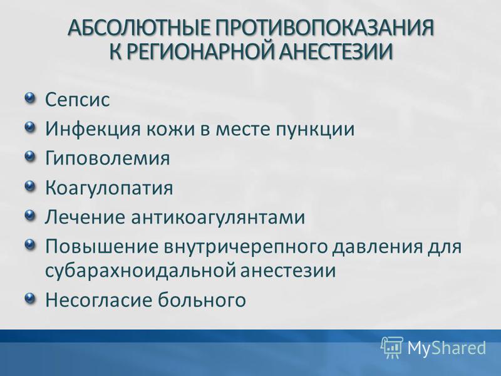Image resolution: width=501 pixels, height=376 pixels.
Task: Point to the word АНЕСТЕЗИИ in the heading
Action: [x=335, y=51]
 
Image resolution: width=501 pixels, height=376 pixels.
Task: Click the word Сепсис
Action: [x=77, y=99]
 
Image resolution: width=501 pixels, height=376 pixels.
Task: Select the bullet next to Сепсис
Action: [x=29, y=97]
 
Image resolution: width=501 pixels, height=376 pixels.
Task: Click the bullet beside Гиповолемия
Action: [x=29, y=155]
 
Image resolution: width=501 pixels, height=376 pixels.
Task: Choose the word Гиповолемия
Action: [x=107, y=158]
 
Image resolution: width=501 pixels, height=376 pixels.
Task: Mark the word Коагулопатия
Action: [x=109, y=188]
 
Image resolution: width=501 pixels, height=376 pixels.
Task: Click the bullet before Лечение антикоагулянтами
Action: [x=29, y=214]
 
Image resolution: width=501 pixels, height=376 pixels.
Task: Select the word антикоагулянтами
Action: [x=218, y=217]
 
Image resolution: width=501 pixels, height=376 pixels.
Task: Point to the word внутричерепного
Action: [x=245, y=247]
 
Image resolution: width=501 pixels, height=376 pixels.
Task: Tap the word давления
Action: [x=378, y=247]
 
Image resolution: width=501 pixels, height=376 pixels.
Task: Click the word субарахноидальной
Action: [x=140, y=270]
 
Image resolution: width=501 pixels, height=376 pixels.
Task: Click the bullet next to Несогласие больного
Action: [x=29, y=298]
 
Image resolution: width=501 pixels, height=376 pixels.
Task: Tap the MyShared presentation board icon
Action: [x=392, y=347]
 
